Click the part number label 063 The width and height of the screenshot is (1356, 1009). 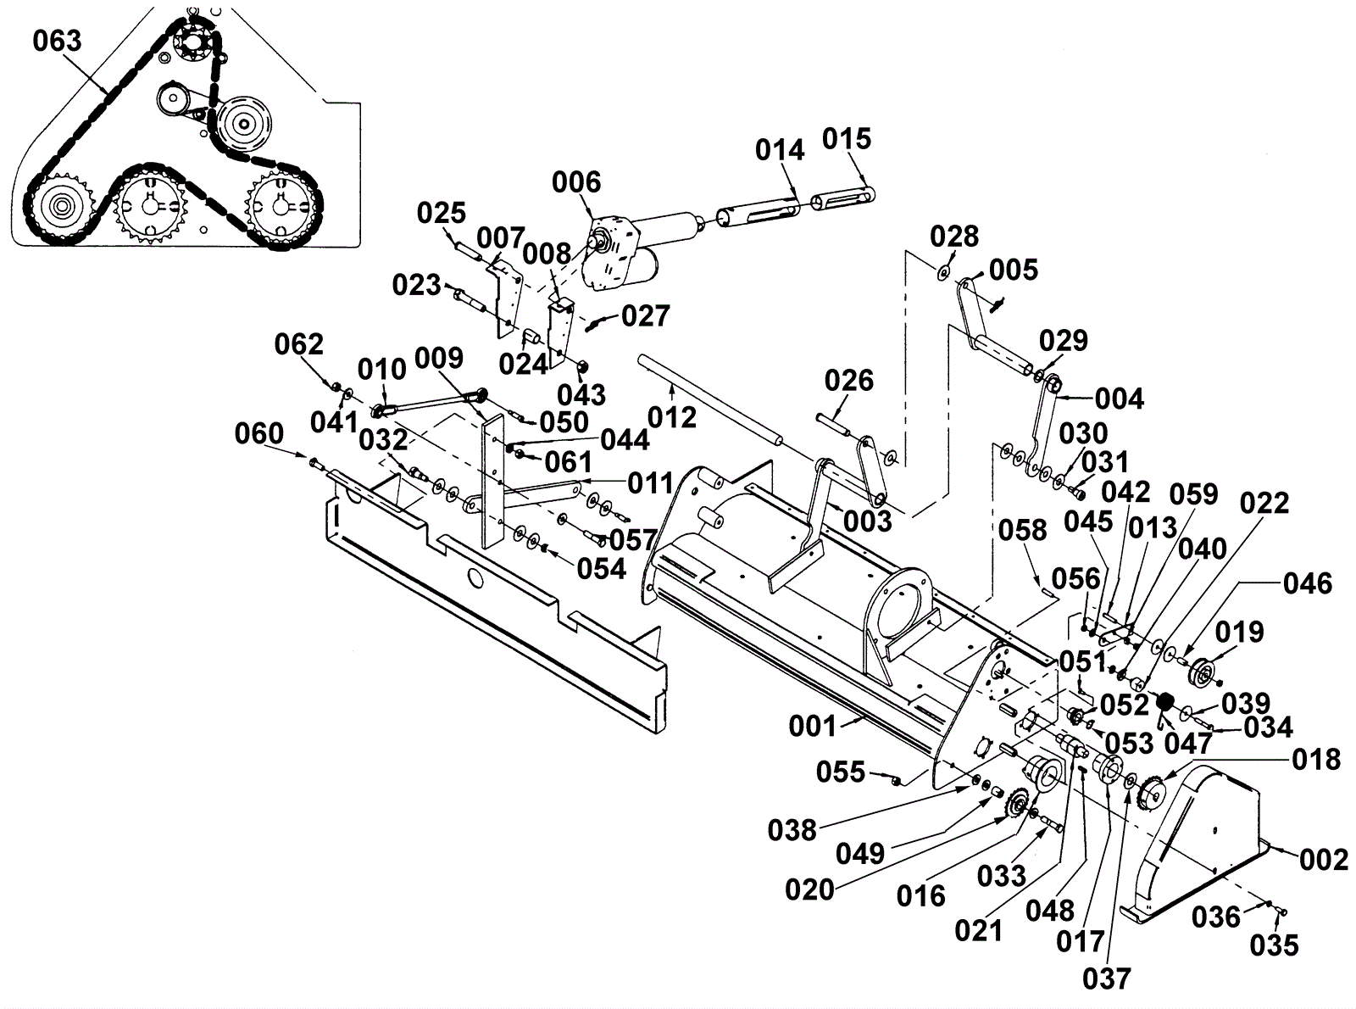coord(57,41)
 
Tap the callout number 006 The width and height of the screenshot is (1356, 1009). coord(576,182)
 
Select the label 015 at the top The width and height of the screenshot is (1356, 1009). coord(846,139)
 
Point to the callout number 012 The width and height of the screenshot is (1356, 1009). coord(672,417)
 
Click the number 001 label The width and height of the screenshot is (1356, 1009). coord(812,727)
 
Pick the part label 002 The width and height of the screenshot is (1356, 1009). coord(1324,860)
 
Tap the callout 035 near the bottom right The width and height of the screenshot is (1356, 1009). coord(1274,945)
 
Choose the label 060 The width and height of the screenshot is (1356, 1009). coord(258,433)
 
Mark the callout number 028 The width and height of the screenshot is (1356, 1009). coord(954,236)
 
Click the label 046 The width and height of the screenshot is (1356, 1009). coord(1307,583)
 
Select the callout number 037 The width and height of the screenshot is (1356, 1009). coord(1107,979)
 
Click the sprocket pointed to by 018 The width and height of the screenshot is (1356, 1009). coord(1151,793)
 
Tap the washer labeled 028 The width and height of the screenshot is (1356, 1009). coord(942,270)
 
